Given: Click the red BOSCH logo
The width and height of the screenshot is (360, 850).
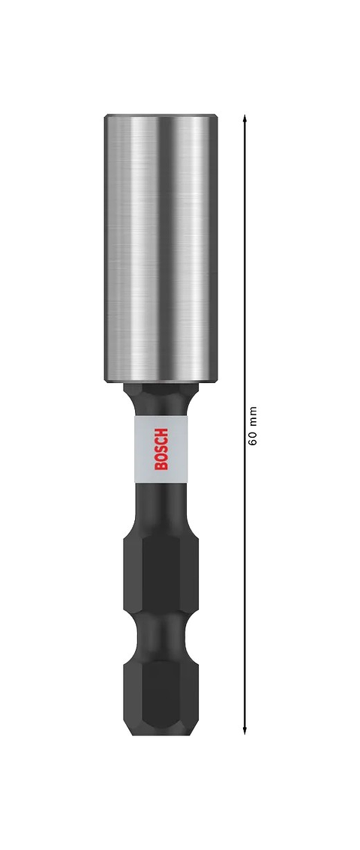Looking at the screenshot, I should pyautogui.click(x=161, y=448).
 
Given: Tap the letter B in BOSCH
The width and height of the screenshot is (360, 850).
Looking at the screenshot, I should pyautogui.click(x=161, y=465).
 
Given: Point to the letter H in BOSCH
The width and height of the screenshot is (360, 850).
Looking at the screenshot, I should pyautogui.click(x=161, y=432).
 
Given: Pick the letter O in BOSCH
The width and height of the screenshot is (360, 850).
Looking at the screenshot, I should pyautogui.click(x=161, y=456).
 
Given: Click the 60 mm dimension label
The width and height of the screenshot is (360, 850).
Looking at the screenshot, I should pyautogui.click(x=253, y=426).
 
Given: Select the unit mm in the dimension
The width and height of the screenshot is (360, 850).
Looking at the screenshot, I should pyautogui.click(x=253, y=415).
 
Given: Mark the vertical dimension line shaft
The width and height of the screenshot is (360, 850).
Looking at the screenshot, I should pyautogui.click(x=244, y=562).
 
